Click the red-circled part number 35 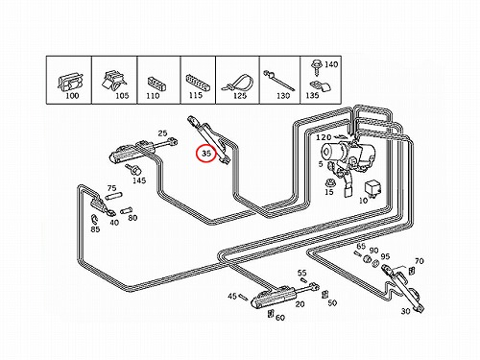[206, 154]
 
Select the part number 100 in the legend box [72, 95]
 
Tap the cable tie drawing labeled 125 [236, 83]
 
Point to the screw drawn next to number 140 [316, 67]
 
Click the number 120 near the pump [324, 137]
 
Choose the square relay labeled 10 [373, 189]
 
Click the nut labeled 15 [328, 183]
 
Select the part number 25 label [163, 132]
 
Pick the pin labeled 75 [114, 196]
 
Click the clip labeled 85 [94, 218]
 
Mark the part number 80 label [132, 218]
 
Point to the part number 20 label [300, 304]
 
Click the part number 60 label [280, 318]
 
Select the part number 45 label [232, 296]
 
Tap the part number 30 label [405, 311]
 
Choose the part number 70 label [420, 261]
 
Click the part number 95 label [385, 256]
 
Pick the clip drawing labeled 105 [113, 82]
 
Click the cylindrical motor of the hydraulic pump [333, 152]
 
